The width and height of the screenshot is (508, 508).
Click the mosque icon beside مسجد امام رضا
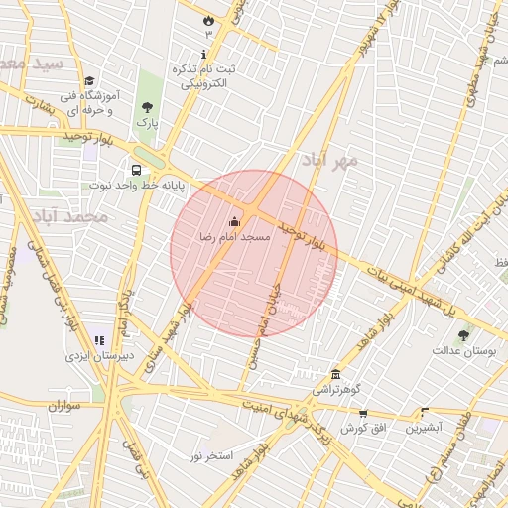(x=234, y=221)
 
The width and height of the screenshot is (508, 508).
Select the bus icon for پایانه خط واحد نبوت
(x=135, y=170)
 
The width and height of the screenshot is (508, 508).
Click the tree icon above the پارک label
(x=148, y=106)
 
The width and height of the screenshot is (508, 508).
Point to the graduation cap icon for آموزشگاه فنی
(x=89, y=81)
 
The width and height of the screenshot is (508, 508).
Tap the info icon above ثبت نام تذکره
(x=205, y=55)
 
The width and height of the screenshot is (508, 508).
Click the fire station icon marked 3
(x=208, y=20)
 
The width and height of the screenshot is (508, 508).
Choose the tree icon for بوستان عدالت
(x=463, y=335)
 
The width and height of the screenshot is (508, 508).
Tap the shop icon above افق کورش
(x=363, y=413)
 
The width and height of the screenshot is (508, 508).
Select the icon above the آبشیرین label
(x=425, y=412)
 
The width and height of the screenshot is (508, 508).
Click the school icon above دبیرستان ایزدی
(x=99, y=340)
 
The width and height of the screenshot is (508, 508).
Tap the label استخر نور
(x=212, y=455)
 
